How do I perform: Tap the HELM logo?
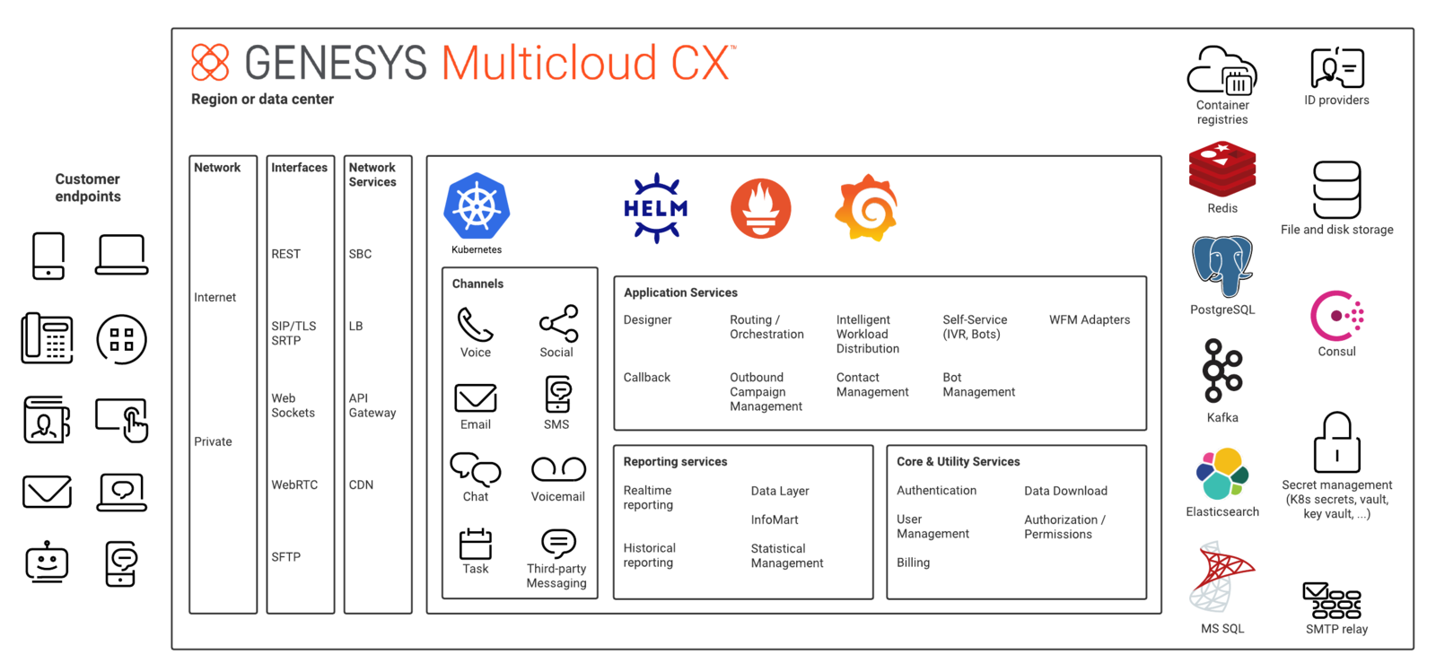[x=655, y=208]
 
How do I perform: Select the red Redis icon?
[x=1221, y=169]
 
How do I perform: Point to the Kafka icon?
[x=1221, y=371]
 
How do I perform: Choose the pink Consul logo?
[x=1336, y=315]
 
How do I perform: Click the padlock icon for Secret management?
[x=1336, y=442]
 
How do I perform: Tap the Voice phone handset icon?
[x=475, y=324]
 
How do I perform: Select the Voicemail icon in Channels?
[x=558, y=469]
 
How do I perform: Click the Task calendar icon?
[x=476, y=544]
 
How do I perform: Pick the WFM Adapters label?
[x=1090, y=319]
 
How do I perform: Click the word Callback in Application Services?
[x=646, y=378]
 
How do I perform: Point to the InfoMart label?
[x=775, y=519]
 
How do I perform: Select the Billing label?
[x=913, y=563]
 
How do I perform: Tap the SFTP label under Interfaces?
[x=286, y=556]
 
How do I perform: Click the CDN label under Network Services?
[x=361, y=485]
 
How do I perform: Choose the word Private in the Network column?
[x=213, y=441]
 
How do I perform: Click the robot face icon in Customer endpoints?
[x=47, y=562]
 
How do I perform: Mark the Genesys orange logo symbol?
[x=210, y=62]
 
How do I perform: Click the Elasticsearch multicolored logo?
[x=1221, y=474]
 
